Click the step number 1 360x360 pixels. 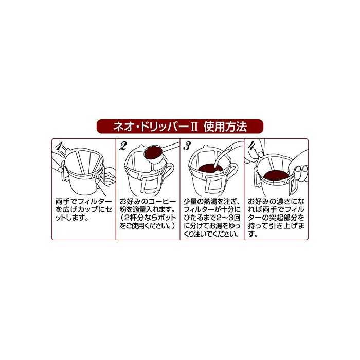(59, 146)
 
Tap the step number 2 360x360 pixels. (123, 146)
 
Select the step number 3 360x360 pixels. (187, 146)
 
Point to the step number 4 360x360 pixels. (251, 146)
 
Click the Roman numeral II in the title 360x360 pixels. (194, 127)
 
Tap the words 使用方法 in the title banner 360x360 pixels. (225, 127)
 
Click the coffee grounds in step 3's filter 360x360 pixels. (210, 168)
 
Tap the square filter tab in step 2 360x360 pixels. (151, 183)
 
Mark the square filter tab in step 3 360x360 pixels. (215, 185)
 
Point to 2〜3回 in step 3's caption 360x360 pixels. (228, 218)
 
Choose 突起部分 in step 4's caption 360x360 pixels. (283, 218)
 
